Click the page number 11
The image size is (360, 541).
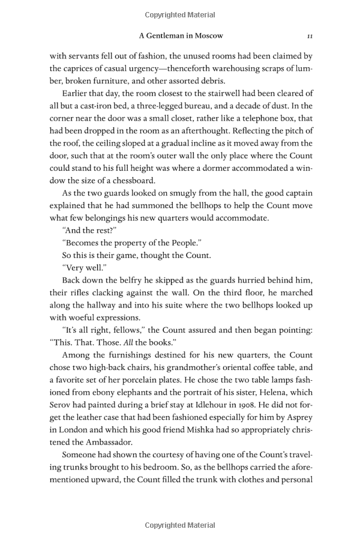[309, 35]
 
